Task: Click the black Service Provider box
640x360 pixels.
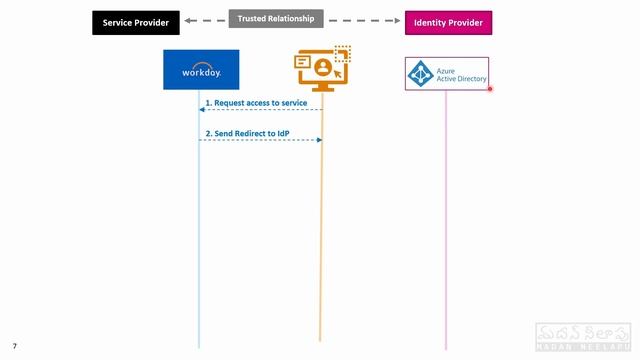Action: tap(136, 22)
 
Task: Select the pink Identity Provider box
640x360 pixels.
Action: tap(448, 22)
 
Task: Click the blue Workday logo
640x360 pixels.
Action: tap(201, 70)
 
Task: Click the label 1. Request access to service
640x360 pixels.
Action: tap(256, 102)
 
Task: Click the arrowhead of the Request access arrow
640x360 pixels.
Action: tap(202, 110)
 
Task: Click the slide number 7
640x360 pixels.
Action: tap(14, 346)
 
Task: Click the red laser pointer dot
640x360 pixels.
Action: tap(490, 88)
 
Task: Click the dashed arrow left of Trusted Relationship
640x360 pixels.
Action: tap(205, 20)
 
